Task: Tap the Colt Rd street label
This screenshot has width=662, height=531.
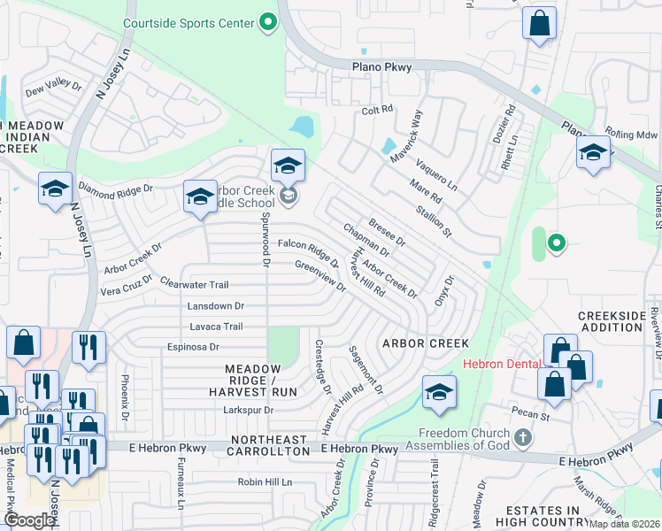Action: coord(377,111)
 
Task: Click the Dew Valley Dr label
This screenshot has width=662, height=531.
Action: coord(53,88)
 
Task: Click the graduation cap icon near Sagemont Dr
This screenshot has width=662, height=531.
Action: coord(440,392)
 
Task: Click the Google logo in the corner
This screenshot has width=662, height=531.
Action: coord(28,520)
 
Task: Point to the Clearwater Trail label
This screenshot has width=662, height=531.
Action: coord(195,284)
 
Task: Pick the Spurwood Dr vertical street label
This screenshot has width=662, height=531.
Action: coord(266,237)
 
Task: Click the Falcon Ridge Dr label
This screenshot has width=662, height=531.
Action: coord(309,250)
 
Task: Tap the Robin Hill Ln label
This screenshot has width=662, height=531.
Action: coord(264,482)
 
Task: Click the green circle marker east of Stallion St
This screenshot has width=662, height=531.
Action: coord(556,242)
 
